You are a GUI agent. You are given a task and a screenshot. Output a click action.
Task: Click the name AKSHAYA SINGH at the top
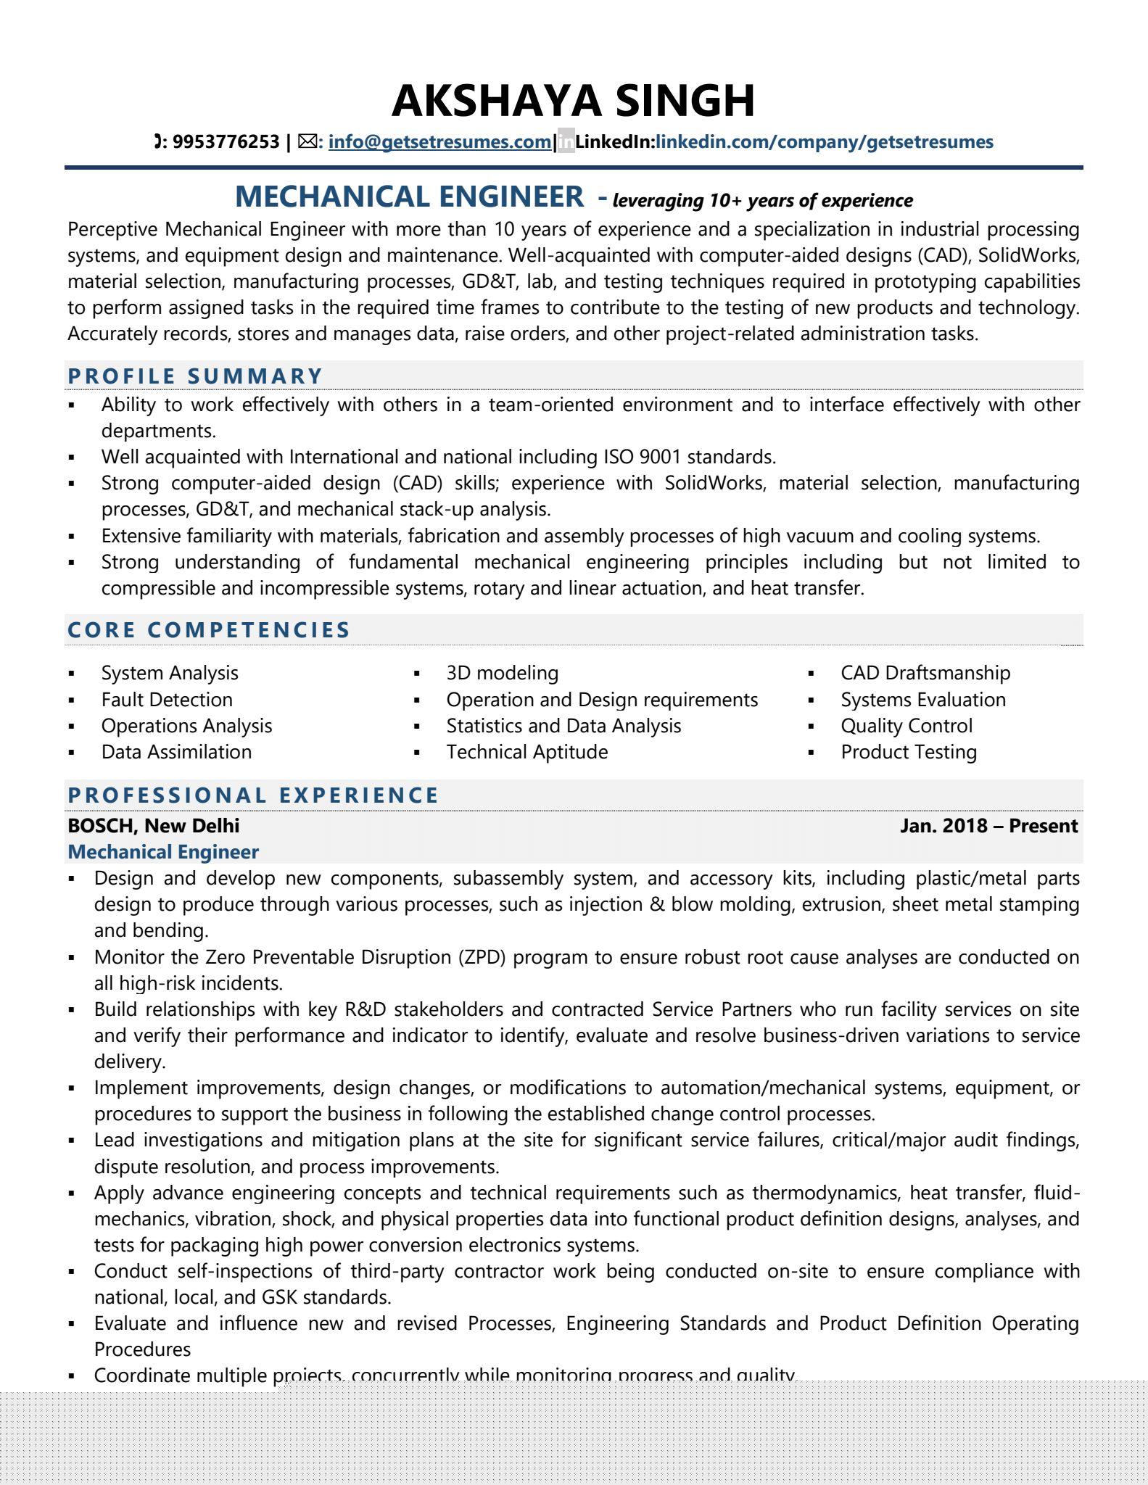(573, 100)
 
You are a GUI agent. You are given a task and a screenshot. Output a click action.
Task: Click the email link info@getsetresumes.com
(439, 141)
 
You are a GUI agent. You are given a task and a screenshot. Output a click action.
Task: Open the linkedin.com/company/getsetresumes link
(824, 141)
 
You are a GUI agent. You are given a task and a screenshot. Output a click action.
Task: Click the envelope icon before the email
(308, 141)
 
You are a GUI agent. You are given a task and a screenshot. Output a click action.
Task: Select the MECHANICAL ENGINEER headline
(409, 197)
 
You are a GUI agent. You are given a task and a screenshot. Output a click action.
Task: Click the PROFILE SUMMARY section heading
(195, 376)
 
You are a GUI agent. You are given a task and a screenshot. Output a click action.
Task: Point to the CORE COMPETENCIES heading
(209, 629)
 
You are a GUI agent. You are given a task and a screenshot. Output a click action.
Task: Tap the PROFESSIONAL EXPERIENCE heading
(253, 795)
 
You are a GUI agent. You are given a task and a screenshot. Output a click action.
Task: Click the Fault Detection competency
(167, 700)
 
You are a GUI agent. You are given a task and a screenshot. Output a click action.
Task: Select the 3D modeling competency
(502, 673)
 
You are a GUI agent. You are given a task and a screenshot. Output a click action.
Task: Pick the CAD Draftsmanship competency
(925, 673)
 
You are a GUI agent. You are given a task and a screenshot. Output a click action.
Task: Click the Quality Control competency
(907, 726)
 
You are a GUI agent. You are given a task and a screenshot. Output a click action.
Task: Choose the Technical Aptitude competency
(526, 752)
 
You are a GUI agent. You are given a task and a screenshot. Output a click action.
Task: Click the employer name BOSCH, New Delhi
(153, 825)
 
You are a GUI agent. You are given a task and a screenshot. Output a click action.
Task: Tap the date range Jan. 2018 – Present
(988, 825)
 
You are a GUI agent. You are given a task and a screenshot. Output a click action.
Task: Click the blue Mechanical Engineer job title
(163, 851)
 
